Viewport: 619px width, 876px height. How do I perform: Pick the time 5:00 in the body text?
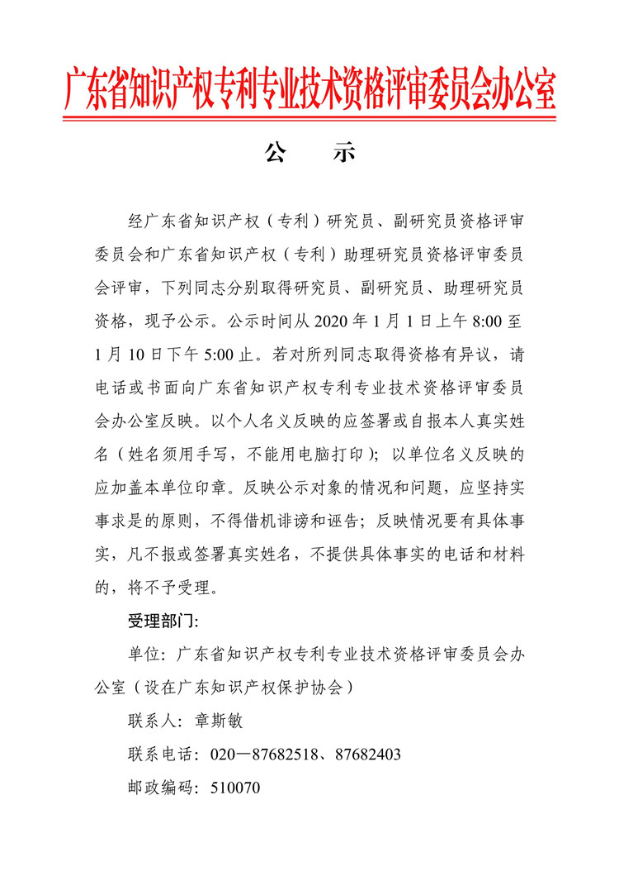(223, 354)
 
